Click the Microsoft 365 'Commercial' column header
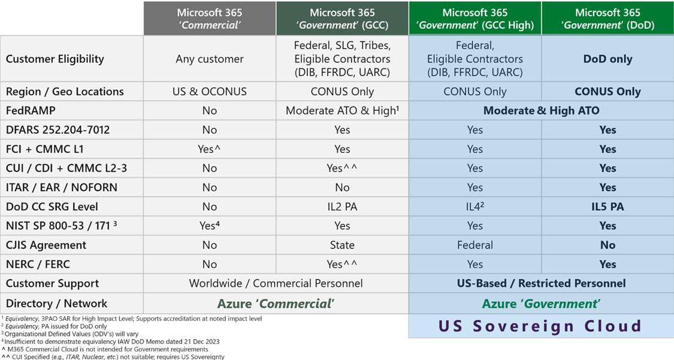pos(209,19)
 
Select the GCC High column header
pos(474,19)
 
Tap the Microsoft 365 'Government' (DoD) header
pos(607,19)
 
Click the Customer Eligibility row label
pos(55,59)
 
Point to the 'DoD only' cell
pos(607,59)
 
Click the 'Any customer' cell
pos(209,59)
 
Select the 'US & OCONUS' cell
pos(209,92)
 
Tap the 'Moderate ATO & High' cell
pos(341,110)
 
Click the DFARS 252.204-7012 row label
pos(58,129)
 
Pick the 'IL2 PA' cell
pos(341,207)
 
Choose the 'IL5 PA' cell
pos(607,207)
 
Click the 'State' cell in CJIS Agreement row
pos(341,245)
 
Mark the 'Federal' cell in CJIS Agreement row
pos(474,245)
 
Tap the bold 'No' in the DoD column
pos(607,245)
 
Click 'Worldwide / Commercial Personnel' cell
pos(276,283)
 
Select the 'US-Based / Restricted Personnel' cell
pos(541,283)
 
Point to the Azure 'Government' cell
pos(541,304)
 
